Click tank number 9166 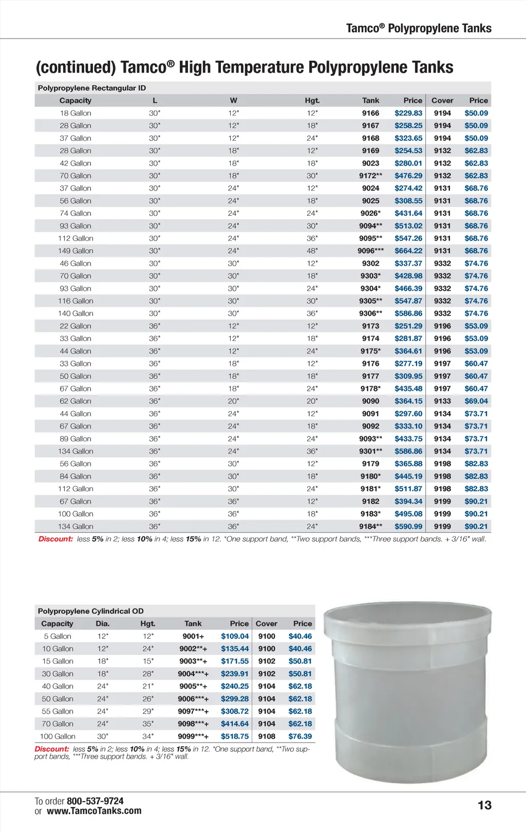pos(370,113)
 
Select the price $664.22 pos(408,251)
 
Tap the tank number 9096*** pos(370,251)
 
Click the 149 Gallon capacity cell pos(76,251)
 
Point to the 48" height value pos(312,251)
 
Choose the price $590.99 pos(408,526)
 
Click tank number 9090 pos(370,401)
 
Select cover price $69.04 pos(476,401)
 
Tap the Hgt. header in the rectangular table pos(312,101)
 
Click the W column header pos(234,101)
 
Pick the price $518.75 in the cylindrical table pos(235,736)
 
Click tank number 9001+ pos(193,636)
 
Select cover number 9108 pos(267,736)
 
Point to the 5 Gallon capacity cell pos(58,636)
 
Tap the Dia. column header pos(103,624)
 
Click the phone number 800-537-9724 pos(95,801)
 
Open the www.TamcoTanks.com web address pos(94,811)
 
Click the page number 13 pos(484,805)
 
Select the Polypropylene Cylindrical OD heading pos(90,611)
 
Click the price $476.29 pos(408,176)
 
